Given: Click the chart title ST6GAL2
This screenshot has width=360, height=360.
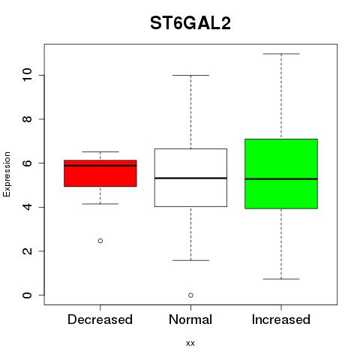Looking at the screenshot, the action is (x=190, y=23).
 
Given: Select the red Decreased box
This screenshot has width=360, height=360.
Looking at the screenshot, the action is (x=100, y=173).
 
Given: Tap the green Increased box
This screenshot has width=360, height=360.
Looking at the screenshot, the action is (x=281, y=174).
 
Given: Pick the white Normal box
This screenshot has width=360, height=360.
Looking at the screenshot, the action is (x=190, y=178).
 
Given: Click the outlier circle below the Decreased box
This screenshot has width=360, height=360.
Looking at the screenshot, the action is (x=100, y=241).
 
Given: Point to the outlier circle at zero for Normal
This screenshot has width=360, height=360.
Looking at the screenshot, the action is (x=190, y=295).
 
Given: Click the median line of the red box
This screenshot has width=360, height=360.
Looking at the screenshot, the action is (x=100, y=166).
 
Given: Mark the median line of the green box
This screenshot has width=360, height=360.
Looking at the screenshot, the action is (x=281, y=179).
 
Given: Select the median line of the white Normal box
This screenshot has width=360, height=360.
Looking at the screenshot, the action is (x=190, y=178).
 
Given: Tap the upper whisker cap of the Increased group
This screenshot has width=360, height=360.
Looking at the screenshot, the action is (x=281, y=54).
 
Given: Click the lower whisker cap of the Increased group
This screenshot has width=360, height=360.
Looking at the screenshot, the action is (x=281, y=279).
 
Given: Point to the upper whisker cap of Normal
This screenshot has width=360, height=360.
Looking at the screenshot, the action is (x=190, y=75).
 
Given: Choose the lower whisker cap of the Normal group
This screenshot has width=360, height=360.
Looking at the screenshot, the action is (x=190, y=260).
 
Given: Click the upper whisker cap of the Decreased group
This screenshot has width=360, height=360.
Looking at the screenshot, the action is (x=100, y=151).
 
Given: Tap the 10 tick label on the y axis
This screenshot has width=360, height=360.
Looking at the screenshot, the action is (x=27, y=75).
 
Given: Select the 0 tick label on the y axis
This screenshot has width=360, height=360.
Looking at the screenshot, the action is (x=27, y=295).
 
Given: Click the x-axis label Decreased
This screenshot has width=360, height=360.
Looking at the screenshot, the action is (x=100, y=319).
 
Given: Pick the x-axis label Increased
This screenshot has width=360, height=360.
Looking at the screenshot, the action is (x=281, y=319).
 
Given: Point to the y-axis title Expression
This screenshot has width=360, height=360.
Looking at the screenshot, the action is (x=7, y=175).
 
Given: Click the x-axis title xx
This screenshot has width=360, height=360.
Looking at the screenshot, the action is (x=190, y=343).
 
